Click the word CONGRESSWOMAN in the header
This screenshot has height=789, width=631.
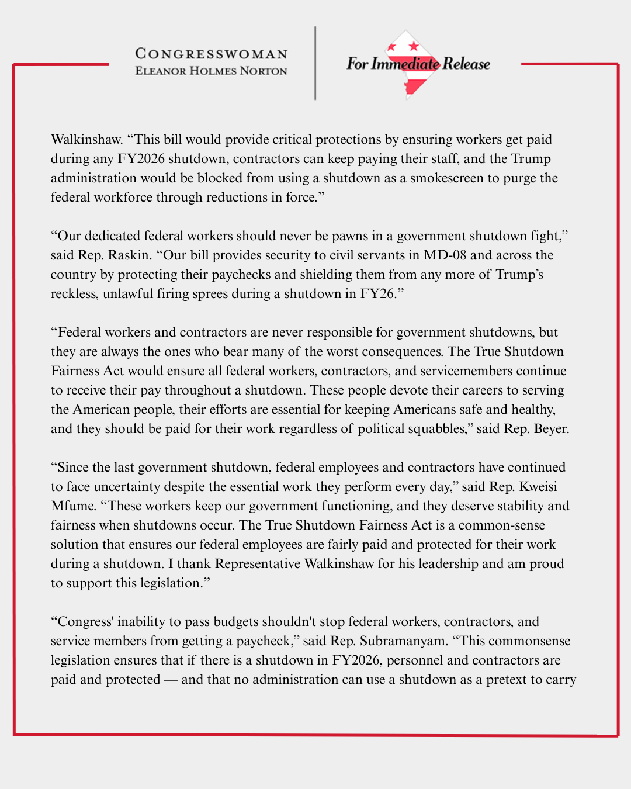(x=211, y=54)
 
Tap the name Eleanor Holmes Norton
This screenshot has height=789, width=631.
(x=211, y=71)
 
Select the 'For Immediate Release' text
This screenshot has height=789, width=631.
(x=418, y=64)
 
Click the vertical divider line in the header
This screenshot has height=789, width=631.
(x=315, y=63)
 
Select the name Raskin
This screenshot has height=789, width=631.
(x=129, y=255)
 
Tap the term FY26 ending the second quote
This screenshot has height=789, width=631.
(x=377, y=294)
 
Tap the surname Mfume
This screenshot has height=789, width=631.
(x=72, y=506)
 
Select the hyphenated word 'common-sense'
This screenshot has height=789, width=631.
(x=501, y=525)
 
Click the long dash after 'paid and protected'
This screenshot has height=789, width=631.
(x=171, y=680)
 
